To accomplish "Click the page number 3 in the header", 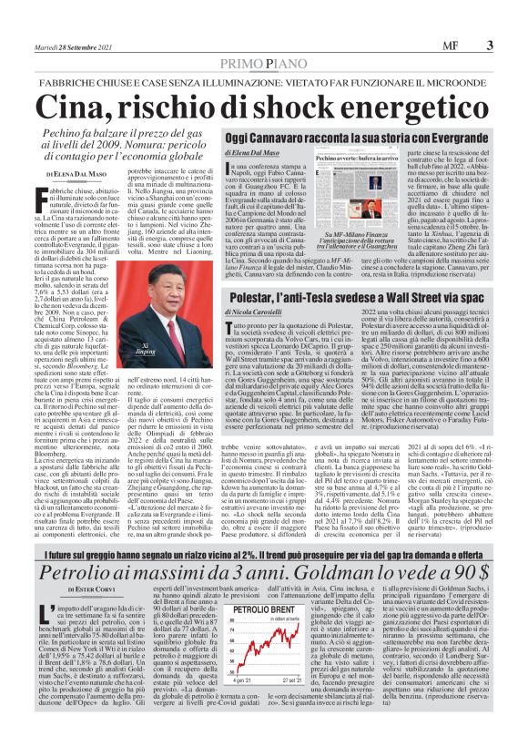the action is click(x=490, y=45).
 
